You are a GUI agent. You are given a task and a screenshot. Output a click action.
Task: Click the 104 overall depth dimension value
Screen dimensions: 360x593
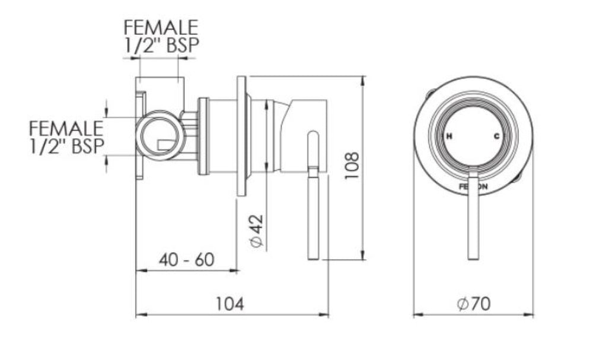[229, 304]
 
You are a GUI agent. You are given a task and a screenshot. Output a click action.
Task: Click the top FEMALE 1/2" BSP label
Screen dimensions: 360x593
[160, 37]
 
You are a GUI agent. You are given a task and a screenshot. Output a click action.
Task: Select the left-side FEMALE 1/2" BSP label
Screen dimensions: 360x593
[66, 137]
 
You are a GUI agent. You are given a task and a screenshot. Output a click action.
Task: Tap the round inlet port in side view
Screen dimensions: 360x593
[158, 136]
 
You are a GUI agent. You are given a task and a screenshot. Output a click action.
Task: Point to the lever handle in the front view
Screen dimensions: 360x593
[473, 216]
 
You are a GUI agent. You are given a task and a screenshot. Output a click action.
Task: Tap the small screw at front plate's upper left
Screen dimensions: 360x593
[431, 93]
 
